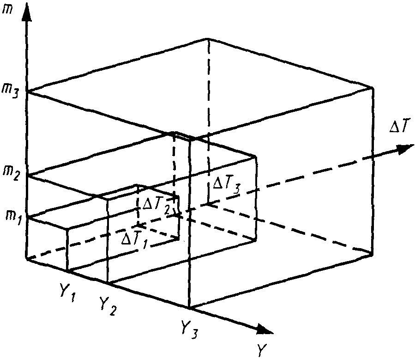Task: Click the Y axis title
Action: tap(262, 350)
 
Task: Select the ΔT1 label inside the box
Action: tap(132, 240)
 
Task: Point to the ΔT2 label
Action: tap(155, 206)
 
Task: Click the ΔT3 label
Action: tap(226, 185)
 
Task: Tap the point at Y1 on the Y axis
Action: tap(68, 270)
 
